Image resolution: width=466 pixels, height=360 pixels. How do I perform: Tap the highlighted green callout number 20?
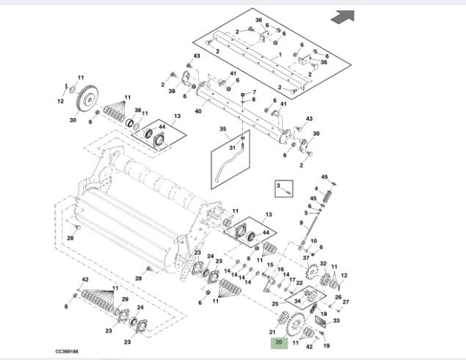pos(278,342)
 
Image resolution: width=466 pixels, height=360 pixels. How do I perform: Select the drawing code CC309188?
pos(68,351)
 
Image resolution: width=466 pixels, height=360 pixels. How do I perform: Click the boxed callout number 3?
pos(279,187)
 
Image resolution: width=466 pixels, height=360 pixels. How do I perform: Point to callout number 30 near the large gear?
pos(73,120)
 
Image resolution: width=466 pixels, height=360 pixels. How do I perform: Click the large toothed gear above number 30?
pos(87,99)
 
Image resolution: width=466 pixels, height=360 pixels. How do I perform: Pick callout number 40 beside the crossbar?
pos(178,111)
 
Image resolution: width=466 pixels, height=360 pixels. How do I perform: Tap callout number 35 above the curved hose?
pos(224,129)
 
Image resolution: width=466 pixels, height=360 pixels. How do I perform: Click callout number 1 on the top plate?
pos(280,56)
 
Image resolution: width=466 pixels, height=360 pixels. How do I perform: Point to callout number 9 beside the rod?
pos(301,222)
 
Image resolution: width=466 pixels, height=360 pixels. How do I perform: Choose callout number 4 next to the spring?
pos(316,190)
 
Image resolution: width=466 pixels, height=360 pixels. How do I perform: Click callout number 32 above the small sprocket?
pos(323,263)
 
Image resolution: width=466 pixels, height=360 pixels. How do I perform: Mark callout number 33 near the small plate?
pos(336,320)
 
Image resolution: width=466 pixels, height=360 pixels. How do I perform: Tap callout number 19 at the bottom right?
pos(327,345)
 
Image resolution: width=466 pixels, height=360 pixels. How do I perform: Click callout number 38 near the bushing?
pos(137,111)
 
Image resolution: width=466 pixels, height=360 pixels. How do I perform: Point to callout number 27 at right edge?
pos(346,302)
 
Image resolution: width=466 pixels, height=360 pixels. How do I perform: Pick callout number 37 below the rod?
pos(306,257)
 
